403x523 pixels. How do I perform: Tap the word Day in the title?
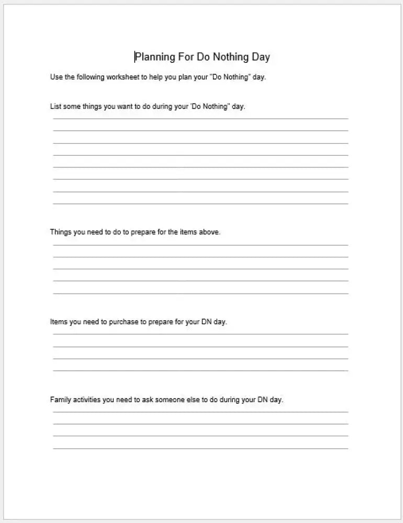pyautogui.click(x=261, y=57)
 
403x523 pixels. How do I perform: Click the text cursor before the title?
pyautogui.click(x=135, y=57)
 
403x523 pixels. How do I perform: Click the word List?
pyautogui.click(x=55, y=106)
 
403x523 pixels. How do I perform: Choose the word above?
pyautogui.click(x=210, y=232)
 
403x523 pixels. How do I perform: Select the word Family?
pyautogui.click(x=61, y=400)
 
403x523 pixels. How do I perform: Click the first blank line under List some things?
pyautogui.click(x=200, y=119)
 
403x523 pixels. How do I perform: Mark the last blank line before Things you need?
pyautogui.click(x=200, y=203)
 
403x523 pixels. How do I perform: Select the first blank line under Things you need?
pyautogui.click(x=200, y=245)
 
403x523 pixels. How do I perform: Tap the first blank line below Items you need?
pyautogui.click(x=200, y=334)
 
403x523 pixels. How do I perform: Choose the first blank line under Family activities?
pyautogui.click(x=200, y=412)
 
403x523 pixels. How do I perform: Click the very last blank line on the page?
pyautogui.click(x=200, y=448)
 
